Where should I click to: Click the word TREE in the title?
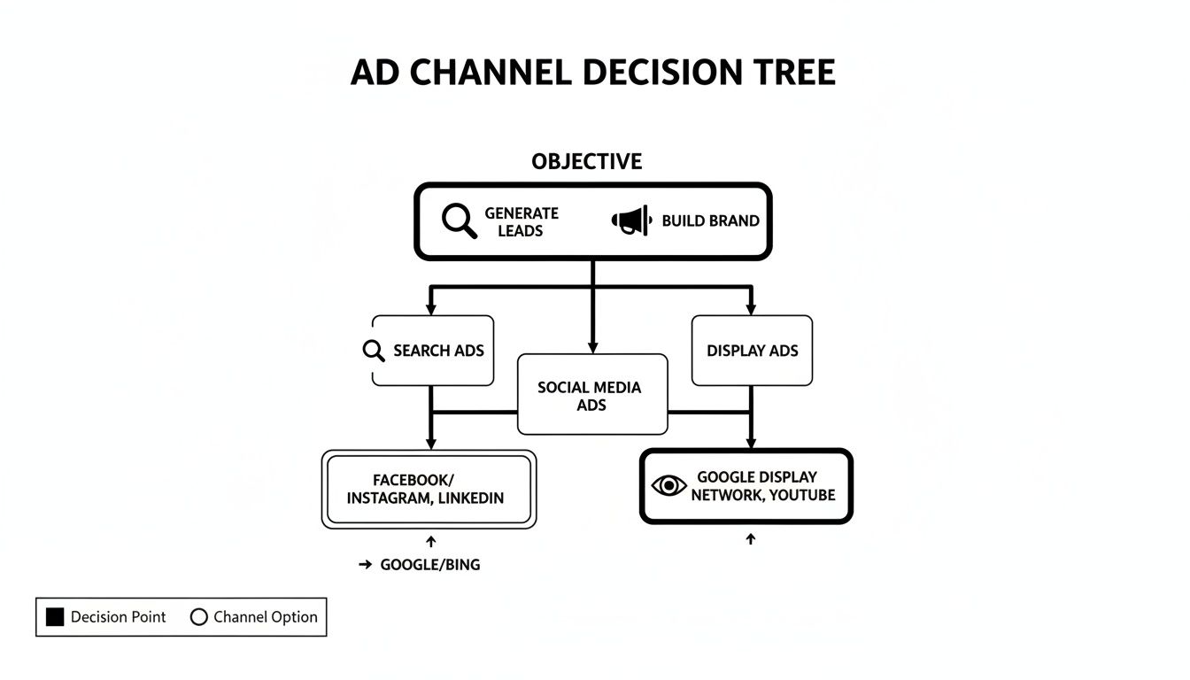pyautogui.click(x=790, y=73)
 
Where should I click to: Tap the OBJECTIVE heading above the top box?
pyautogui.click(x=586, y=162)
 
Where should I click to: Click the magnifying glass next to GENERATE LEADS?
pyautogui.click(x=459, y=220)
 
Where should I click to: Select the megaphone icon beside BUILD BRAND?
pyautogui.click(x=630, y=220)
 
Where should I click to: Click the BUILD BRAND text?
pyautogui.click(x=710, y=221)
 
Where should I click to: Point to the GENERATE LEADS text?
pyautogui.click(x=522, y=221)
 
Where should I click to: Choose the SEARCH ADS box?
pyautogui.click(x=432, y=351)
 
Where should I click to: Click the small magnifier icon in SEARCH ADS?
pyautogui.click(x=374, y=351)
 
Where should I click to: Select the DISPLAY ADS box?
pyautogui.click(x=752, y=351)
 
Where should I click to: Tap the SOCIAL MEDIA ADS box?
pyautogui.click(x=591, y=395)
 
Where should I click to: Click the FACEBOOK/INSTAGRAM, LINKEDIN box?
pyautogui.click(x=429, y=490)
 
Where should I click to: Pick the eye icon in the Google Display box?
pyautogui.click(x=668, y=485)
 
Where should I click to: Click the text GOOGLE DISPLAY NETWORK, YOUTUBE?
pyautogui.click(x=762, y=486)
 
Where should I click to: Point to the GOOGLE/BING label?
pyautogui.click(x=429, y=565)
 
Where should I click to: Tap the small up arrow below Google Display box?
pyautogui.click(x=750, y=538)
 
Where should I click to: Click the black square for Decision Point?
pyautogui.click(x=55, y=617)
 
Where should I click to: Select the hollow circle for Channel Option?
pyautogui.click(x=198, y=617)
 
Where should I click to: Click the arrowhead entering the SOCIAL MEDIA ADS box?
pyautogui.click(x=592, y=347)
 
